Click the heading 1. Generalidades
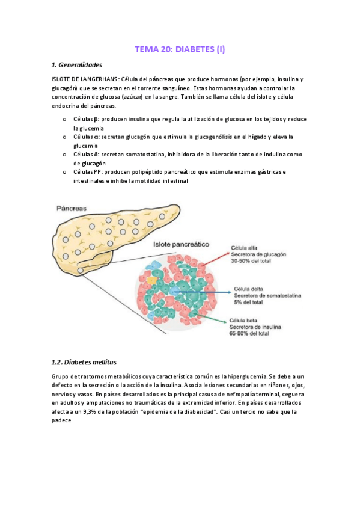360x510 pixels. [x=76, y=65]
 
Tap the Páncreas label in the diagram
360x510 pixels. [x=72, y=208]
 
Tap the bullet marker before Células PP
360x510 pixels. [x=64, y=173]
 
